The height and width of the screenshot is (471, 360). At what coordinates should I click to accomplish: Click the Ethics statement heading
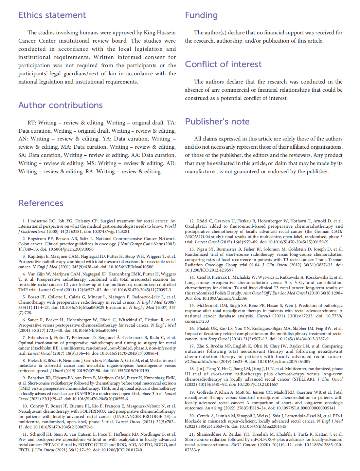[52, 15]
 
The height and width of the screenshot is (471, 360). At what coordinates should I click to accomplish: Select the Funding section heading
[201, 15]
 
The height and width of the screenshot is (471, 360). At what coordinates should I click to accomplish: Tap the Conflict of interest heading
[223, 64]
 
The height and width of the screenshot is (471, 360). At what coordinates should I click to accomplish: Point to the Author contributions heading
[61, 105]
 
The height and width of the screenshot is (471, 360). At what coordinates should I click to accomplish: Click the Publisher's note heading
[217, 122]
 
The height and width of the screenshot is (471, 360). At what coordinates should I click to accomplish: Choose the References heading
[41, 203]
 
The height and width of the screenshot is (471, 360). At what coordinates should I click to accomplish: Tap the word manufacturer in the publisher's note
[201, 171]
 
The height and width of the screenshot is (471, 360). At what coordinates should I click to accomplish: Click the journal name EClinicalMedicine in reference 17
[201, 362]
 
